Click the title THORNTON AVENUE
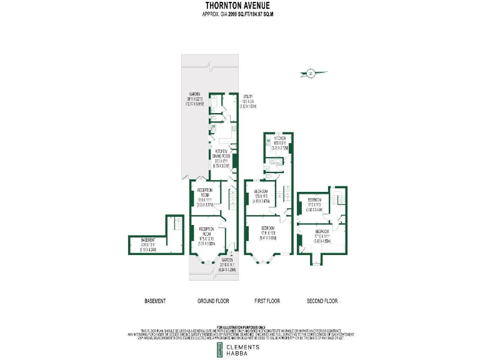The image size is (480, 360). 240,6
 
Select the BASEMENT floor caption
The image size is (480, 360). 155,301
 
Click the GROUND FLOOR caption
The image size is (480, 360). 213,301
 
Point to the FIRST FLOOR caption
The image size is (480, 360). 267,301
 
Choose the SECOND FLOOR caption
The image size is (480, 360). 322,301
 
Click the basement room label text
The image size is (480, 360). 148,241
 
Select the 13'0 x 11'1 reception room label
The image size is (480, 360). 206,193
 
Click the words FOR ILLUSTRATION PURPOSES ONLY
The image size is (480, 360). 240,327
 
